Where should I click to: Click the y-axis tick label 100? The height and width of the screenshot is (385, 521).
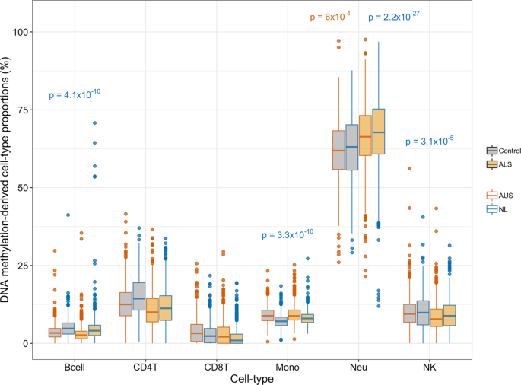pyautogui.click(x=27, y=32)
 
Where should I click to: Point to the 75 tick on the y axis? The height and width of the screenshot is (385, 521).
pyautogui.click(x=29, y=110)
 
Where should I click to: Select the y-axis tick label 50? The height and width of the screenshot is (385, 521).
pyautogui.click(x=29, y=187)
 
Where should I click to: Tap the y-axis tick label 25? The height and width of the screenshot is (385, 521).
pyautogui.click(x=29, y=266)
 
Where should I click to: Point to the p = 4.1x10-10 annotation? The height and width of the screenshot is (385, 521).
pyautogui.click(x=75, y=94)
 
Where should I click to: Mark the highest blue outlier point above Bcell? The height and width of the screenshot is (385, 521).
pyautogui.click(x=94, y=123)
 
